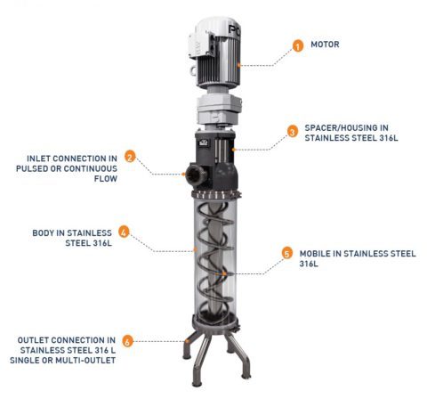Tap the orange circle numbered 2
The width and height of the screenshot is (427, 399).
pyautogui.click(x=130, y=157)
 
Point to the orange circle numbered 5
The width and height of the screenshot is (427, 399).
pyautogui.click(x=287, y=252)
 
